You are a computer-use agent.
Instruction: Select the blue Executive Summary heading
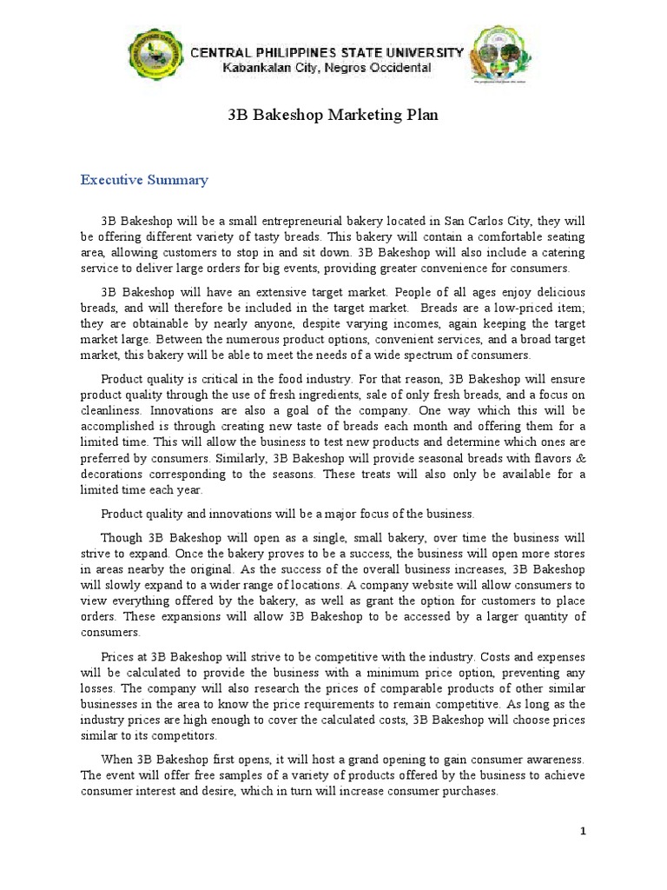[x=144, y=180]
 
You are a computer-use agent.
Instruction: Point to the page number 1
[x=584, y=832]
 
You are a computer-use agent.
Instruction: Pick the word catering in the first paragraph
[x=563, y=252]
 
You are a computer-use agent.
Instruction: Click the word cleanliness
[x=112, y=410]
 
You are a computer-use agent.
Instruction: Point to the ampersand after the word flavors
[x=580, y=457]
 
